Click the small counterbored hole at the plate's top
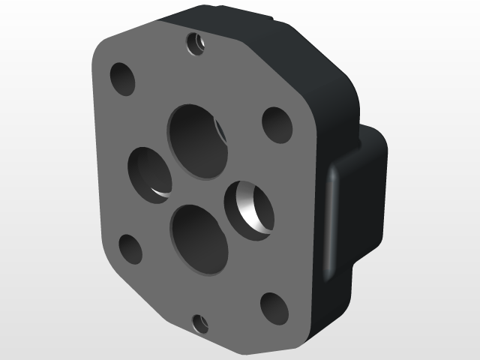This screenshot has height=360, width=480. pyautogui.click(x=198, y=43)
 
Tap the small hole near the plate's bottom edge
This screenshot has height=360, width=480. pyautogui.click(x=200, y=324)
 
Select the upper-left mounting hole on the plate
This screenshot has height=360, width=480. pyautogui.click(x=122, y=79)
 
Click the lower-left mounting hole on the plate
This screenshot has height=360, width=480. pyautogui.click(x=130, y=249)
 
